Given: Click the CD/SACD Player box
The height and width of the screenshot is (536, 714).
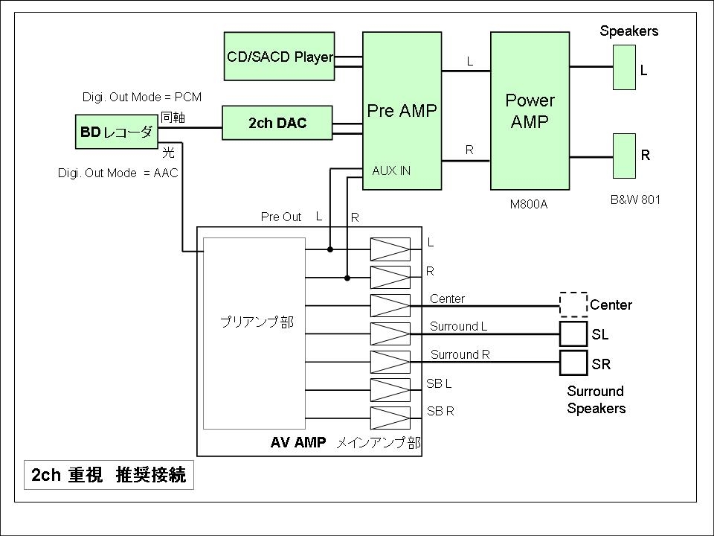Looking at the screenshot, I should (279, 57).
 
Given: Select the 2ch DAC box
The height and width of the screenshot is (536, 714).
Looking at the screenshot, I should (277, 124).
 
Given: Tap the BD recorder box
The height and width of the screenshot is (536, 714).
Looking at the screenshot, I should (117, 133).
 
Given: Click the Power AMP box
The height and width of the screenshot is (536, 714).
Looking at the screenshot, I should (530, 111).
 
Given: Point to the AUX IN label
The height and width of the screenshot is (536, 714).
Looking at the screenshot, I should (391, 170).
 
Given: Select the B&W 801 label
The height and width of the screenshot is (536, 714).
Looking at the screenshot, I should (634, 200).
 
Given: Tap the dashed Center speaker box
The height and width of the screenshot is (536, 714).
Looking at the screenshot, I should (573, 304).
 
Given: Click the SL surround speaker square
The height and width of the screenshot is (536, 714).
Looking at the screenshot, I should (573, 334).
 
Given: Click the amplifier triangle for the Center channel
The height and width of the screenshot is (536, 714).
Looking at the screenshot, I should (390, 306).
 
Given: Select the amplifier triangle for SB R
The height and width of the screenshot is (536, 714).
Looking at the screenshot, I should (390, 418).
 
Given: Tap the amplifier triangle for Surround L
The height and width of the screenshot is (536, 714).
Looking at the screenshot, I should (390, 334).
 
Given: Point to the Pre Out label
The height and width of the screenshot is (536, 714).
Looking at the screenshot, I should (280, 217).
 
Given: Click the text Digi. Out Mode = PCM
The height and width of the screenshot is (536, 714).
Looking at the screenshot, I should (141, 98).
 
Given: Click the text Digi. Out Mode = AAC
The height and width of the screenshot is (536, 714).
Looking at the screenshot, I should (118, 173).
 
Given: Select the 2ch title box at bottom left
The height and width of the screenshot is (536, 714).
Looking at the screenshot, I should (109, 475).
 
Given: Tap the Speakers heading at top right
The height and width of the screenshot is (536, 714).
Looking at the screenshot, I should (628, 31).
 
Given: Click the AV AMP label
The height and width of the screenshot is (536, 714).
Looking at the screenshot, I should (297, 443).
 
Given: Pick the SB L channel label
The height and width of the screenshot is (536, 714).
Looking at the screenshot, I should (439, 383).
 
